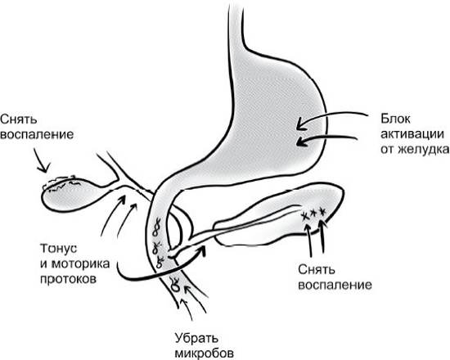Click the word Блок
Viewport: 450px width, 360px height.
tap(395, 119)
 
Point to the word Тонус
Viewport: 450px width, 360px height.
tap(59, 249)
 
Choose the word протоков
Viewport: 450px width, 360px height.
tap(68, 279)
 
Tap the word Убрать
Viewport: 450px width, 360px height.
tap(196, 338)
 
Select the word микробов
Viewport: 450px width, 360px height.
tap(204, 353)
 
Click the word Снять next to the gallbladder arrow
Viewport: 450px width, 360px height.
tap(19, 119)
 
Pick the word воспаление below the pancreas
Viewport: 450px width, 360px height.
tap(335, 286)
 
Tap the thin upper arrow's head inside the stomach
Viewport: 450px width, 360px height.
tap(299, 125)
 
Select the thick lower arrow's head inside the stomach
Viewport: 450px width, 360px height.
tap(299, 142)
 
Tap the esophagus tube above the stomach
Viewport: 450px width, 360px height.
tap(236, 23)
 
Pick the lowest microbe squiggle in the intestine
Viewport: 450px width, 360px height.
tap(175, 284)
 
